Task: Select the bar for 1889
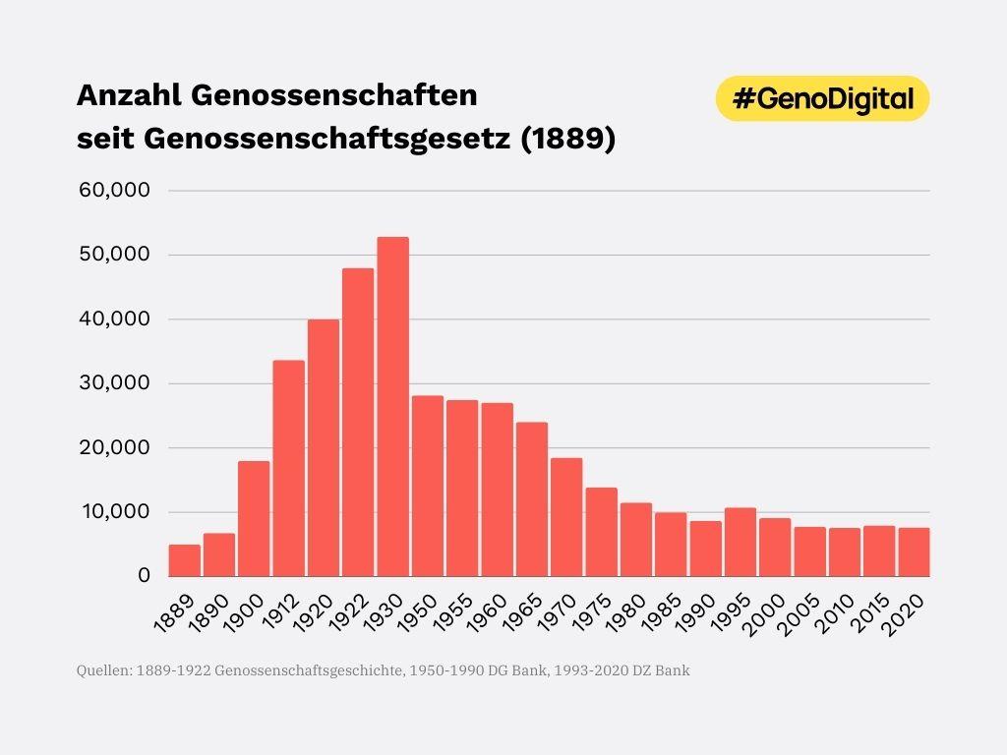point(184,559)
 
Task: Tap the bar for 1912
point(288,468)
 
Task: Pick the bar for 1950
point(427,486)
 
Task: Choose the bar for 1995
point(740,542)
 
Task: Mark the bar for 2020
point(914,552)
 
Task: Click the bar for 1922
point(358,422)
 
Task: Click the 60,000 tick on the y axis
point(113,190)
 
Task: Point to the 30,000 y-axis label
point(113,382)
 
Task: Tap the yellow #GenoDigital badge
point(822,98)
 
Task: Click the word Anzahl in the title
point(129,96)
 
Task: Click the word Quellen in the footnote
point(103,671)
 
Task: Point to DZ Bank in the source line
point(669,671)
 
